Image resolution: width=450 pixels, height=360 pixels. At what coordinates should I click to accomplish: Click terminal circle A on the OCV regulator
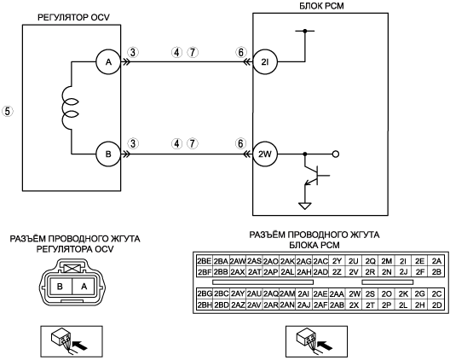pyautogui.click(x=108, y=61)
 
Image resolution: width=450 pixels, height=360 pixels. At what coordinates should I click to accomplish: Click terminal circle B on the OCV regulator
pyautogui.click(x=108, y=154)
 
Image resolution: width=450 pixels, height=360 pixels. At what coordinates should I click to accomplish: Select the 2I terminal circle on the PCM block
pyautogui.click(x=265, y=61)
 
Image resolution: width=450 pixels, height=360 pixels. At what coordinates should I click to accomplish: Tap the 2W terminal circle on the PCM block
pyautogui.click(x=265, y=154)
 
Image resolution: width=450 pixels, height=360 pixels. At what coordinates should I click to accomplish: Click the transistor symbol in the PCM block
pyautogui.click(x=315, y=175)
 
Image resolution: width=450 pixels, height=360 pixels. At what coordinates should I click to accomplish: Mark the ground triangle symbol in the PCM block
pyautogui.click(x=305, y=206)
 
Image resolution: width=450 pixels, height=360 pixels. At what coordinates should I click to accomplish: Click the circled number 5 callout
pyautogui.click(x=8, y=111)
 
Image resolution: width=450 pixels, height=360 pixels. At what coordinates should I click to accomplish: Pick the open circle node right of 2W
pyautogui.click(x=336, y=154)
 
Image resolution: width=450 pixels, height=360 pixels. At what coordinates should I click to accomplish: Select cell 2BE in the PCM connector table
pyautogui.click(x=205, y=261)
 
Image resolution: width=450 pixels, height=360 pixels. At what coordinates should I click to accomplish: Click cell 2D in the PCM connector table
pyautogui.click(x=436, y=305)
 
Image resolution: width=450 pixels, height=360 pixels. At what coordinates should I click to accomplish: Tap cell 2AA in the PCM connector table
pyautogui.click(x=337, y=294)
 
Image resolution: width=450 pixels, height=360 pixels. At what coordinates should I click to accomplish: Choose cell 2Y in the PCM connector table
pyautogui.click(x=337, y=261)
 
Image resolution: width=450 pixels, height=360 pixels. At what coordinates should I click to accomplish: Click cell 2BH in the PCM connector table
pyautogui.click(x=205, y=305)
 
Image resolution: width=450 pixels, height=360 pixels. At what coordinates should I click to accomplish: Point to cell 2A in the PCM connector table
pyautogui.click(x=436, y=261)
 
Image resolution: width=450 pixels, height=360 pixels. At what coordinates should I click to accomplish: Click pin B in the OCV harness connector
pyautogui.click(x=60, y=286)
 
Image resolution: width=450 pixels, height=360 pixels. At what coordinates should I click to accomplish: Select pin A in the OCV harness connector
pyautogui.click(x=84, y=286)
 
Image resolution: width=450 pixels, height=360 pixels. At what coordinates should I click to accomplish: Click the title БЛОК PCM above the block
pyautogui.click(x=321, y=6)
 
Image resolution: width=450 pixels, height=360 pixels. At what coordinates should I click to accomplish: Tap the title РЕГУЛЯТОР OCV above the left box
pyautogui.click(x=74, y=18)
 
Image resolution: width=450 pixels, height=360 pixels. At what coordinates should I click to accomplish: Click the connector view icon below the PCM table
pyautogui.click(x=316, y=341)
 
